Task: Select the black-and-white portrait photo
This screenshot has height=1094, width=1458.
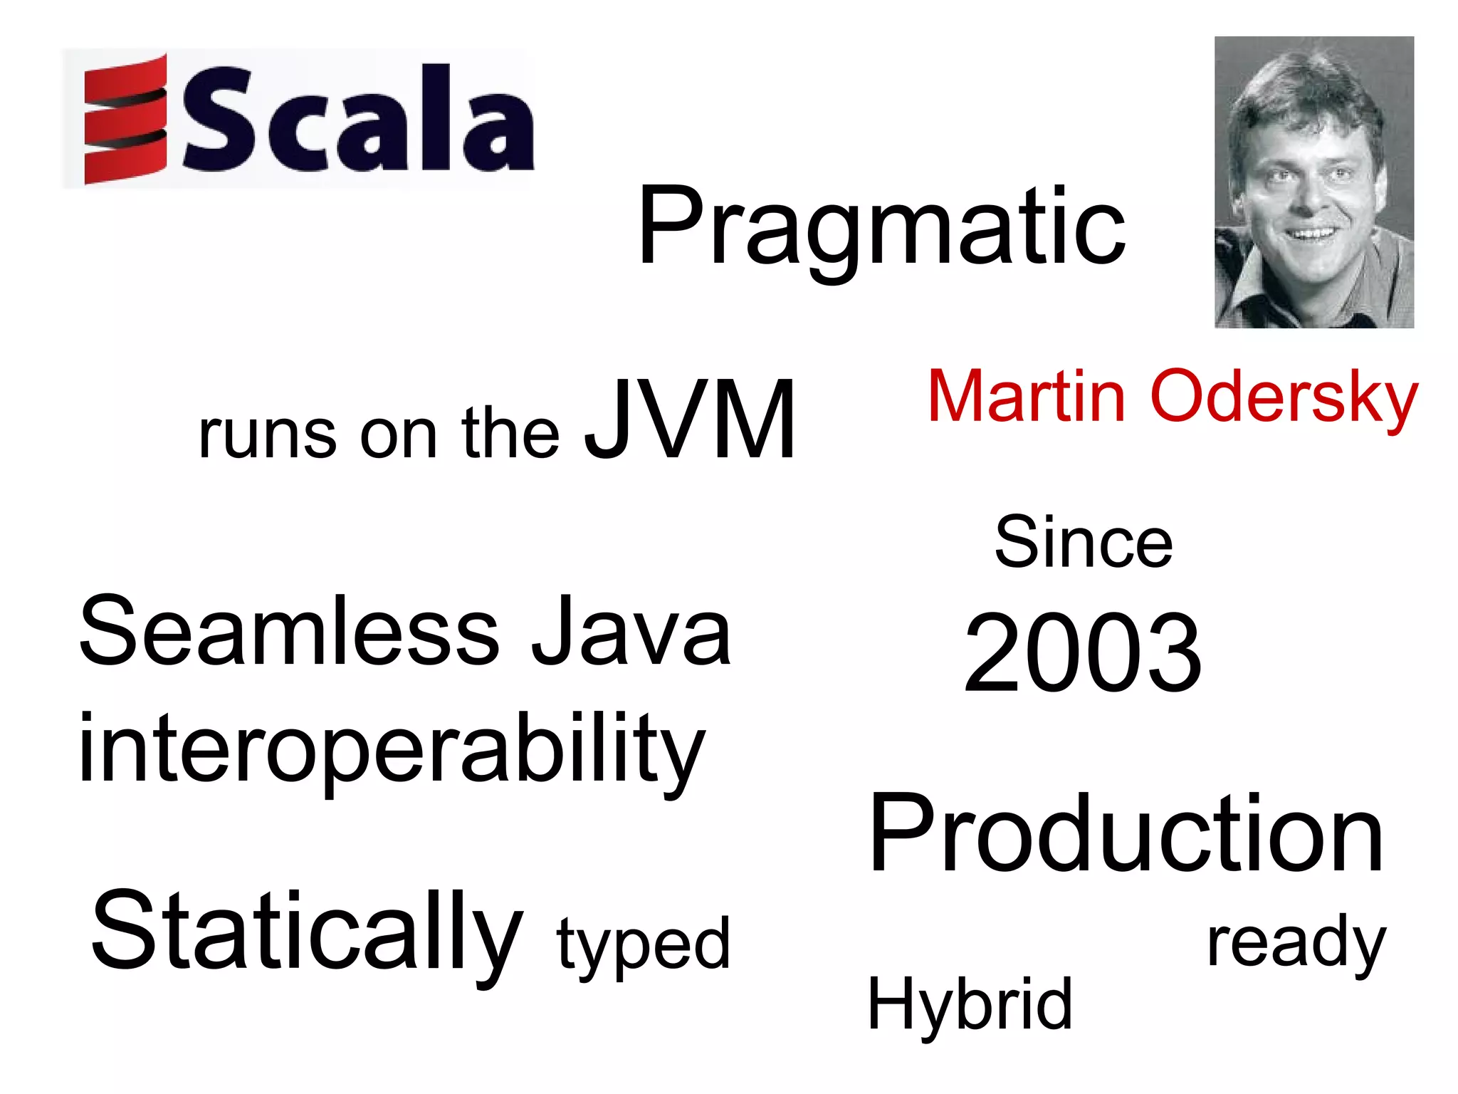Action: tap(1313, 182)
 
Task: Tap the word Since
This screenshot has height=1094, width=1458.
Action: tap(1083, 543)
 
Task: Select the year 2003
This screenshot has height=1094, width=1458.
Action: tap(1083, 654)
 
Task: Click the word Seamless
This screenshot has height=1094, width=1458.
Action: tap(290, 631)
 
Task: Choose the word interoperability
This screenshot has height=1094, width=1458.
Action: tap(392, 749)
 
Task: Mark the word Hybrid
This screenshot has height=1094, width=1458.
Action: tap(970, 1004)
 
